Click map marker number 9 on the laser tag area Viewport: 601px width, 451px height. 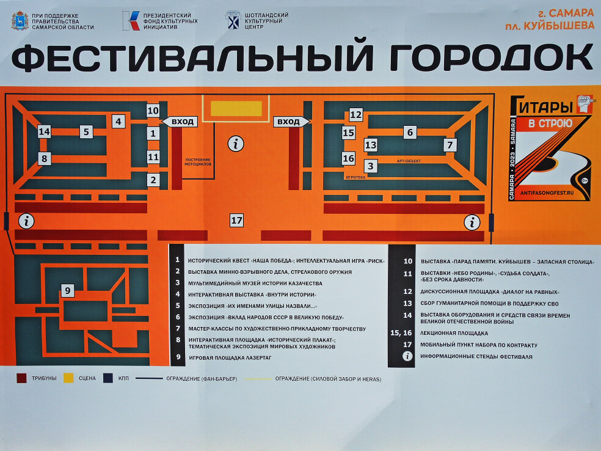pos(68,291)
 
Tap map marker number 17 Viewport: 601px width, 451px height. pos(236,220)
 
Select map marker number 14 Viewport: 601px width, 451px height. pos(44,131)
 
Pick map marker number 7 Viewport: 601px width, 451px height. pos(450,145)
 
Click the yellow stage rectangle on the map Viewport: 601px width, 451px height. pos(236,108)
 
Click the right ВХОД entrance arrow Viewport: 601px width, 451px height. pos(290,122)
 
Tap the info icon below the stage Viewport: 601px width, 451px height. pos(236,144)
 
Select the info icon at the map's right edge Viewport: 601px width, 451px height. pos(472,222)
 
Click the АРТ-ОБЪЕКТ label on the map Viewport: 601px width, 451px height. pos(409,161)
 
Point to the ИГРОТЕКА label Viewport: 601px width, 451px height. pos(355,178)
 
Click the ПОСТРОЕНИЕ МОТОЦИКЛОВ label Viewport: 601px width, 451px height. pos(198,162)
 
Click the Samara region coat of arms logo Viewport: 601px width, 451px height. pos(20,21)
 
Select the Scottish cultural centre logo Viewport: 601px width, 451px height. pos(233,20)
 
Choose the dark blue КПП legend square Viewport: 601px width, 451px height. pos(108,378)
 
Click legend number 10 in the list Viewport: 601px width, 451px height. pos(407,261)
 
